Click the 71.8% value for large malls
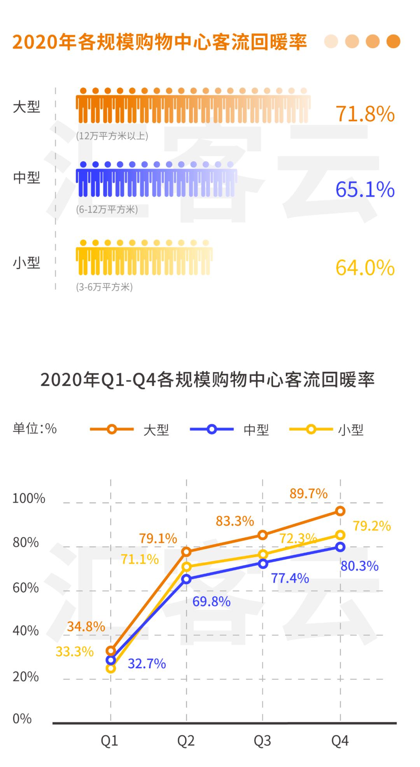coord(365,114)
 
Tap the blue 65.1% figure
coord(365,190)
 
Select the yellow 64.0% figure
coord(365,268)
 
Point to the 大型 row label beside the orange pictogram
coord(26,107)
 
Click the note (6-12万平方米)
coord(107,209)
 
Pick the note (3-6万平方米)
coord(104,287)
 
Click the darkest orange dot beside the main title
coord(393,42)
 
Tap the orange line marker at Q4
coord(340,511)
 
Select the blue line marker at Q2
coord(186,579)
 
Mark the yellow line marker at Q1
coord(111,668)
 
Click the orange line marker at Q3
coord(263,535)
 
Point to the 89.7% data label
coord(308,493)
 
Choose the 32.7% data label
coord(147,664)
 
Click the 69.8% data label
coord(211,601)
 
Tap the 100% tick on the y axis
coord(28,498)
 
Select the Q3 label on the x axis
coord(262,741)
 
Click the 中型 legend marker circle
coord(212,429)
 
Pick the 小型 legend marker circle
coord(311,429)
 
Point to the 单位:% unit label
coord(35,429)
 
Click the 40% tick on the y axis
coord(25,630)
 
